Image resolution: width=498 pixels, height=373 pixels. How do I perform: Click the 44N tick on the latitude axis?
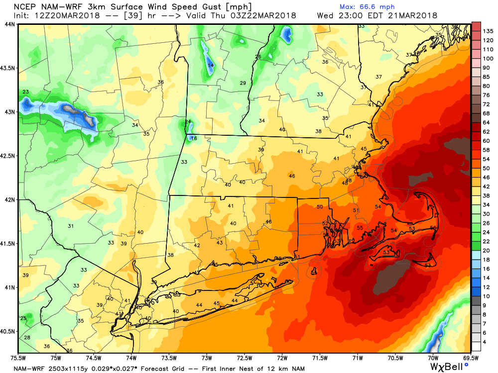9,24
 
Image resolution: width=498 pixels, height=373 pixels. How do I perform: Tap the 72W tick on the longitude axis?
282,357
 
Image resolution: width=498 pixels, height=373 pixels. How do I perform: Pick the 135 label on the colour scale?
488,30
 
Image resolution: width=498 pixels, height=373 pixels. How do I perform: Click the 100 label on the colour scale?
488,59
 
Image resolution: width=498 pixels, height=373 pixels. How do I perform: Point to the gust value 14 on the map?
211,65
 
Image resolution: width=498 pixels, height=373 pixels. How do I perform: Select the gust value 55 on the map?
360,228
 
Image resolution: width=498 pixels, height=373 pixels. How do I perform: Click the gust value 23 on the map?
25,92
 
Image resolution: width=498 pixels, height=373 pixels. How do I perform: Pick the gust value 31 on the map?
71,226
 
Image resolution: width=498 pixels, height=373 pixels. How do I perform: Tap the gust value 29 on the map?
243,83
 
